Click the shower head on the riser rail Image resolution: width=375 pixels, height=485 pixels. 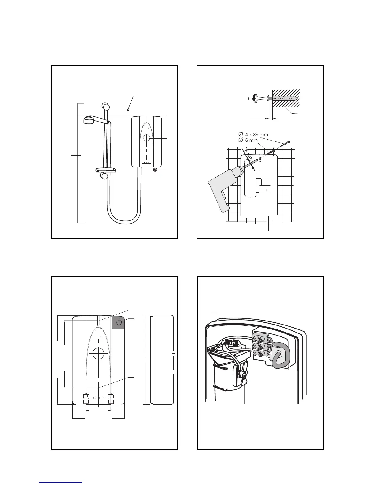pyautogui.click(x=89, y=120)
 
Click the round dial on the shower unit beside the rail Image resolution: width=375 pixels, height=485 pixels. pyautogui.click(x=147, y=138)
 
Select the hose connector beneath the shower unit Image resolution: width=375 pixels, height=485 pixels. pyautogui.click(x=155, y=171)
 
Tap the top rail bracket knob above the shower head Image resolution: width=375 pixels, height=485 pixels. pyautogui.click(x=105, y=106)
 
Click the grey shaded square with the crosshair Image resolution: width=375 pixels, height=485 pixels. pyautogui.click(x=119, y=322)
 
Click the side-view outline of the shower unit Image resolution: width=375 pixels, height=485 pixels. pyautogui.click(x=163, y=360)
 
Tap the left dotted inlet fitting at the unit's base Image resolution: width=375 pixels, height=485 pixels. pyautogui.click(x=86, y=398)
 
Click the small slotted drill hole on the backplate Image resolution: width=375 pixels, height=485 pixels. pyautogui.click(x=260, y=159)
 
